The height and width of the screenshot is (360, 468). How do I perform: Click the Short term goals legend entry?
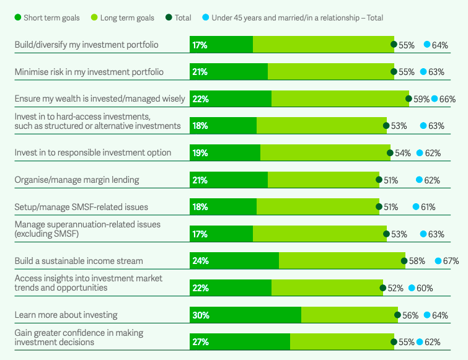pyautogui.click(x=46, y=17)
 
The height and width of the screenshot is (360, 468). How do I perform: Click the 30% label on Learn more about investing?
pyautogui.click(x=200, y=315)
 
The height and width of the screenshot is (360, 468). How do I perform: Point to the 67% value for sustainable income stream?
pyautogui.click(x=451, y=261)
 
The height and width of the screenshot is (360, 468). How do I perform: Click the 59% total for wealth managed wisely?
pyautogui.click(x=422, y=99)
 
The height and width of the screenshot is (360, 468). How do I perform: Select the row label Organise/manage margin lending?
pyautogui.click(x=76, y=180)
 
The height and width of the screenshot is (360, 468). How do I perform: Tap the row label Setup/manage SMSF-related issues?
pyautogui.click(x=81, y=207)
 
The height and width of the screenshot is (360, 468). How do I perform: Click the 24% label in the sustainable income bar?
pyautogui.click(x=200, y=261)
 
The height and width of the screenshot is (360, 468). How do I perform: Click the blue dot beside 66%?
pyautogui.click(x=435, y=99)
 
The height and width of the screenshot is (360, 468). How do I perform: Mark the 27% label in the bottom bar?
pyautogui.click(x=200, y=342)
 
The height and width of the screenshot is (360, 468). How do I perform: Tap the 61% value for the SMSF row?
pyautogui.click(x=428, y=207)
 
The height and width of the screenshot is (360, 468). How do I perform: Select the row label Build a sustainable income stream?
pyautogui.click(x=79, y=261)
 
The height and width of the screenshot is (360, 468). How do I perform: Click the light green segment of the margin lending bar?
pyautogui.click(x=323, y=180)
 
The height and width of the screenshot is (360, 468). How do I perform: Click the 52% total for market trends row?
pyautogui.click(x=395, y=288)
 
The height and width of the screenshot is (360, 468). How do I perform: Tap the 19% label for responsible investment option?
pyautogui.click(x=200, y=152)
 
